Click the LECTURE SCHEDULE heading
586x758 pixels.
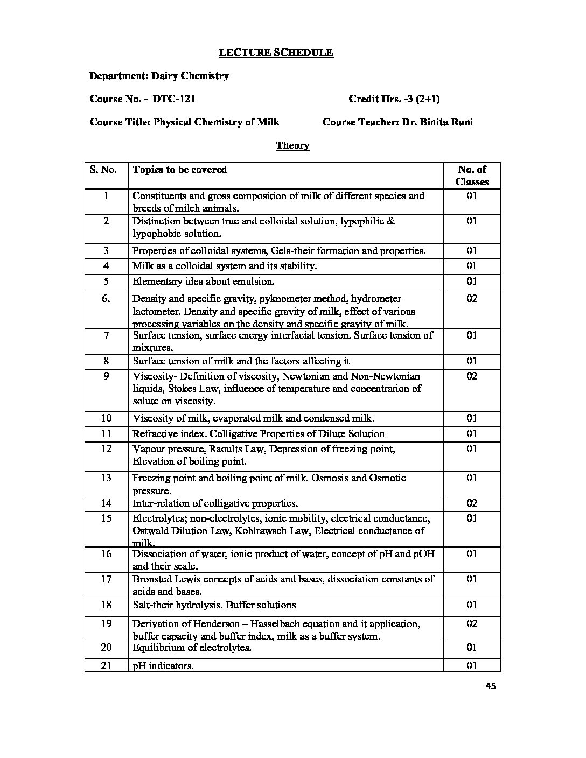click(275, 53)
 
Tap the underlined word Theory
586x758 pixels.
click(292, 145)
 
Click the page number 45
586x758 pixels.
click(490, 686)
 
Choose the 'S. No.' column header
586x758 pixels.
click(103, 170)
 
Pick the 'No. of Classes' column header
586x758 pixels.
click(472, 176)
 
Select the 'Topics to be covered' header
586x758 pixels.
click(180, 170)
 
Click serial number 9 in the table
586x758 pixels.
click(106, 376)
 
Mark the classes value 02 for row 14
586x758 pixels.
click(472, 503)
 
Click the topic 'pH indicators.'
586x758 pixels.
click(163, 666)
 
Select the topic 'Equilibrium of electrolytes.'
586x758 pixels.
click(192, 648)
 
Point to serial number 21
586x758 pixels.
click(106, 665)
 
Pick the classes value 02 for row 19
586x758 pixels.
click(472, 624)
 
